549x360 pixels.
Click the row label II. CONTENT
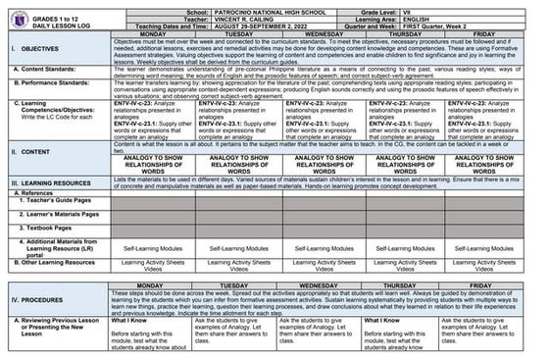pyautogui.click(x=33, y=152)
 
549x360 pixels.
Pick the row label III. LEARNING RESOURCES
pyautogui.click(x=56, y=182)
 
